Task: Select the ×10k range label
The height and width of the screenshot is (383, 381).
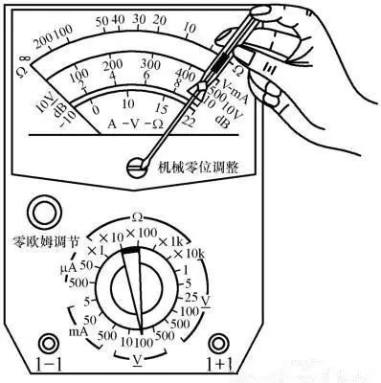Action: [x=190, y=255]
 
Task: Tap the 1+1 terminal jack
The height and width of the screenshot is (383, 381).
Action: [x=219, y=343]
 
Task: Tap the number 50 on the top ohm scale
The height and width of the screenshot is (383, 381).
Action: [x=102, y=20]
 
